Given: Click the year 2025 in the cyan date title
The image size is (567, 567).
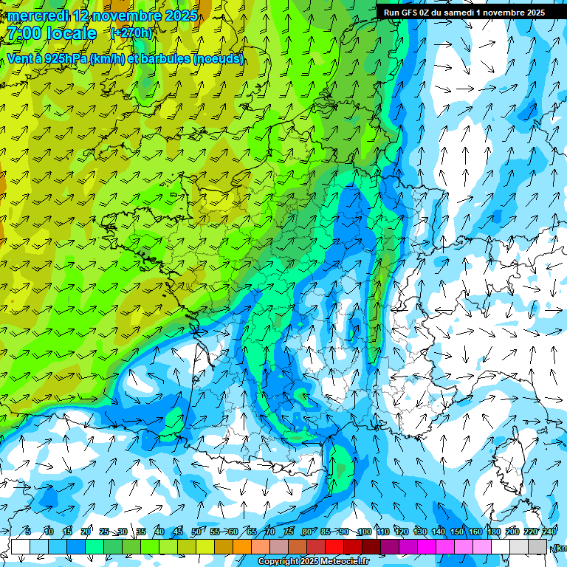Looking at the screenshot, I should (177, 16).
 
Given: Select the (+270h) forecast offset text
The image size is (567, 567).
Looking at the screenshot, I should (132, 33).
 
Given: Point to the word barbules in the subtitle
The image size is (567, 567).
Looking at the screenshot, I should (163, 58).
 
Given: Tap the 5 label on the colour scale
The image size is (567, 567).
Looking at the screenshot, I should (27, 532).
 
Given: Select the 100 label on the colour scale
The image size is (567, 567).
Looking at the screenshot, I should (364, 532).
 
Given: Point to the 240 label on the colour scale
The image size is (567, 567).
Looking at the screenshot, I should (549, 532).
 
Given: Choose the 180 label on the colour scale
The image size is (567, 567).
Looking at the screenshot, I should (493, 532).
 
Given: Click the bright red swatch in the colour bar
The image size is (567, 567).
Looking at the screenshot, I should (334, 546).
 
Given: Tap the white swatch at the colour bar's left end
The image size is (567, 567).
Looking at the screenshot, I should (21, 546).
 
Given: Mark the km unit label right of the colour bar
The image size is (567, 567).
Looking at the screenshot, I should (560, 548).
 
